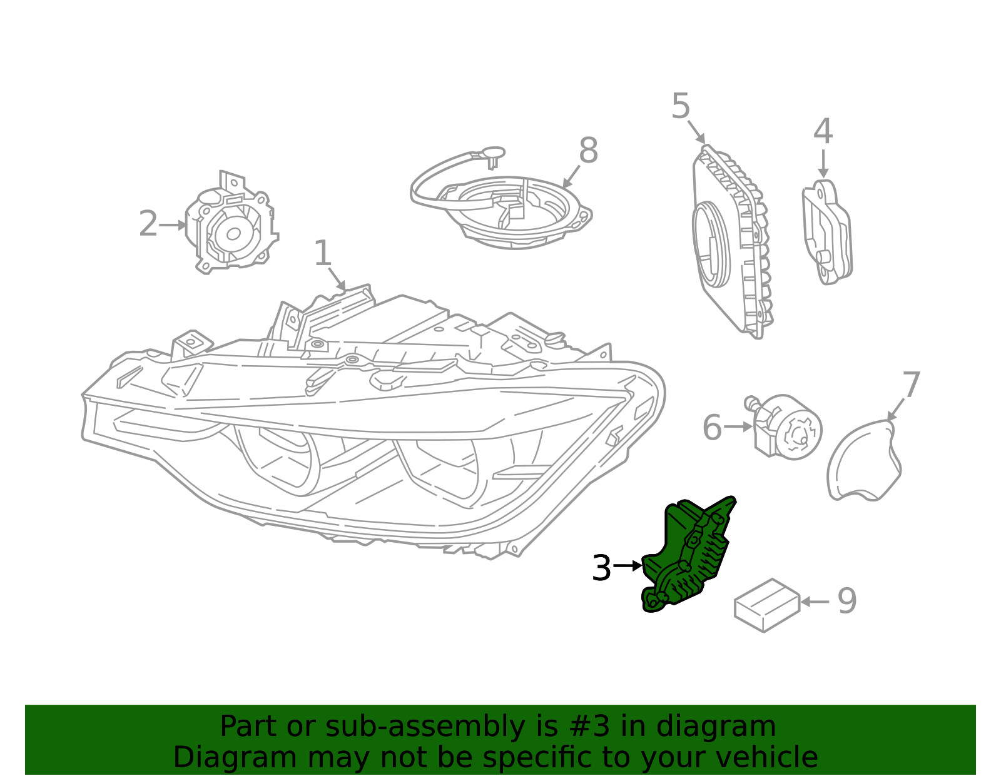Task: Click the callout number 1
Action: click(322, 253)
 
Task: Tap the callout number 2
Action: click(148, 224)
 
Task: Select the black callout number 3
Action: click(601, 568)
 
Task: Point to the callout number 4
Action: click(823, 132)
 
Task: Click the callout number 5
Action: click(681, 106)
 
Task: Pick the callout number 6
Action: click(712, 428)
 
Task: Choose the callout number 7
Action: click(911, 385)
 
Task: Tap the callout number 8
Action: click(588, 151)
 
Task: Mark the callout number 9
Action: click(846, 602)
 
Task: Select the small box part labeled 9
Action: click(766, 605)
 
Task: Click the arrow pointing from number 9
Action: click(815, 602)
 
